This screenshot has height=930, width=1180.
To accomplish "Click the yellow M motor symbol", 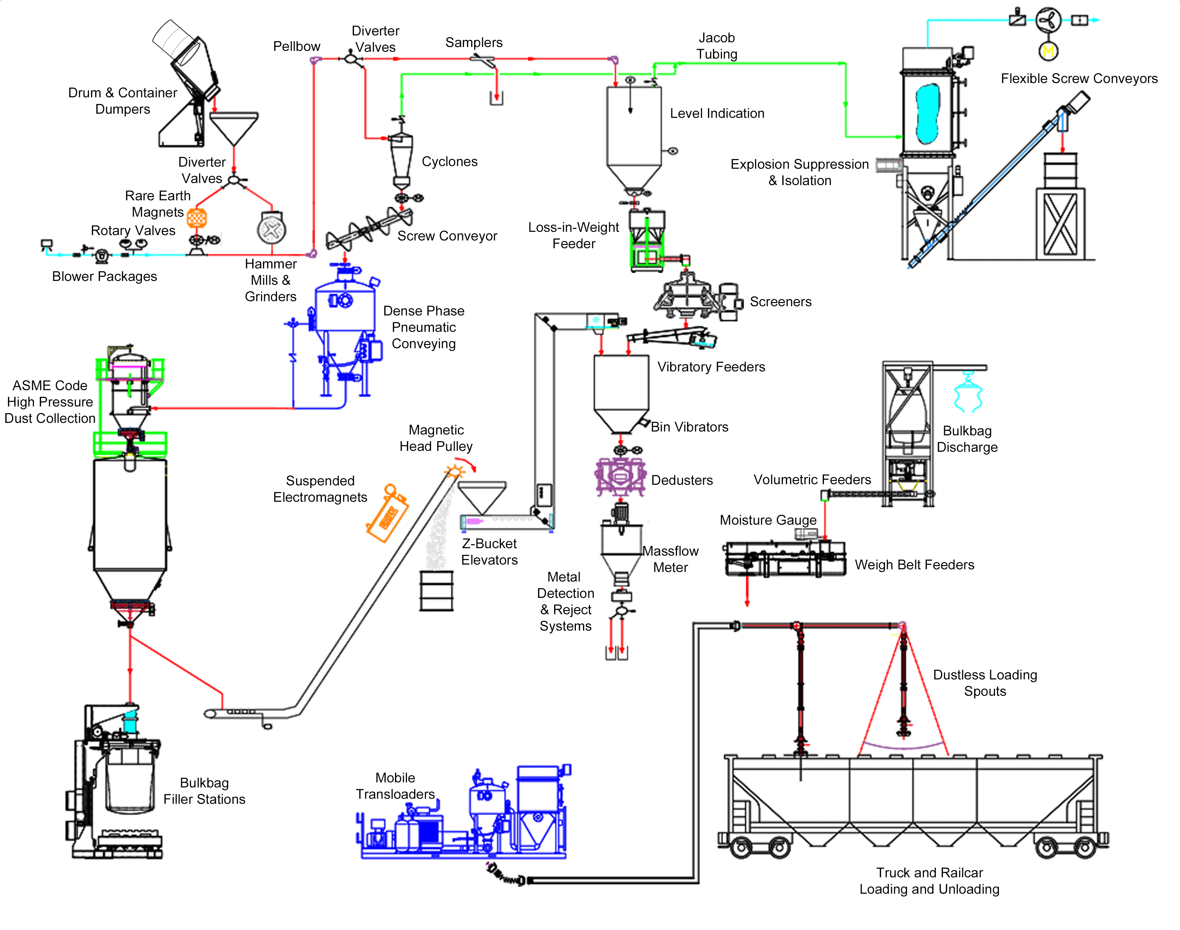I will (x=1048, y=51).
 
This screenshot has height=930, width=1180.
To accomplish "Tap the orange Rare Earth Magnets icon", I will (x=197, y=218).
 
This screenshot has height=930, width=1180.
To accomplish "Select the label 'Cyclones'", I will (x=449, y=162).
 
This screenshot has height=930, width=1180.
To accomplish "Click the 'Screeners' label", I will (x=781, y=302).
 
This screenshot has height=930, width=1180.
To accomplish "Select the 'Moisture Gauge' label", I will (x=768, y=520).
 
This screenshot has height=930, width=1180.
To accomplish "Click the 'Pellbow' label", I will (x=297, y=46).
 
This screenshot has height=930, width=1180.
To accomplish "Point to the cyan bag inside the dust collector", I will (x=927, y=113).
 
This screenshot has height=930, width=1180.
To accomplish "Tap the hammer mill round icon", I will (x=272, y=229).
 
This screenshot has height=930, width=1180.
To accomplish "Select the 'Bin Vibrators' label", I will (x=689, y=427).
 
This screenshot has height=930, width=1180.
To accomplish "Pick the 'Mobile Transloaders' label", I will (x=395, y=786).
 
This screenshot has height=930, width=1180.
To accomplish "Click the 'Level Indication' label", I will (x=717, y=113).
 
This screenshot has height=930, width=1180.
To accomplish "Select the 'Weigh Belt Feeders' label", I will (x=914, y=565).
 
